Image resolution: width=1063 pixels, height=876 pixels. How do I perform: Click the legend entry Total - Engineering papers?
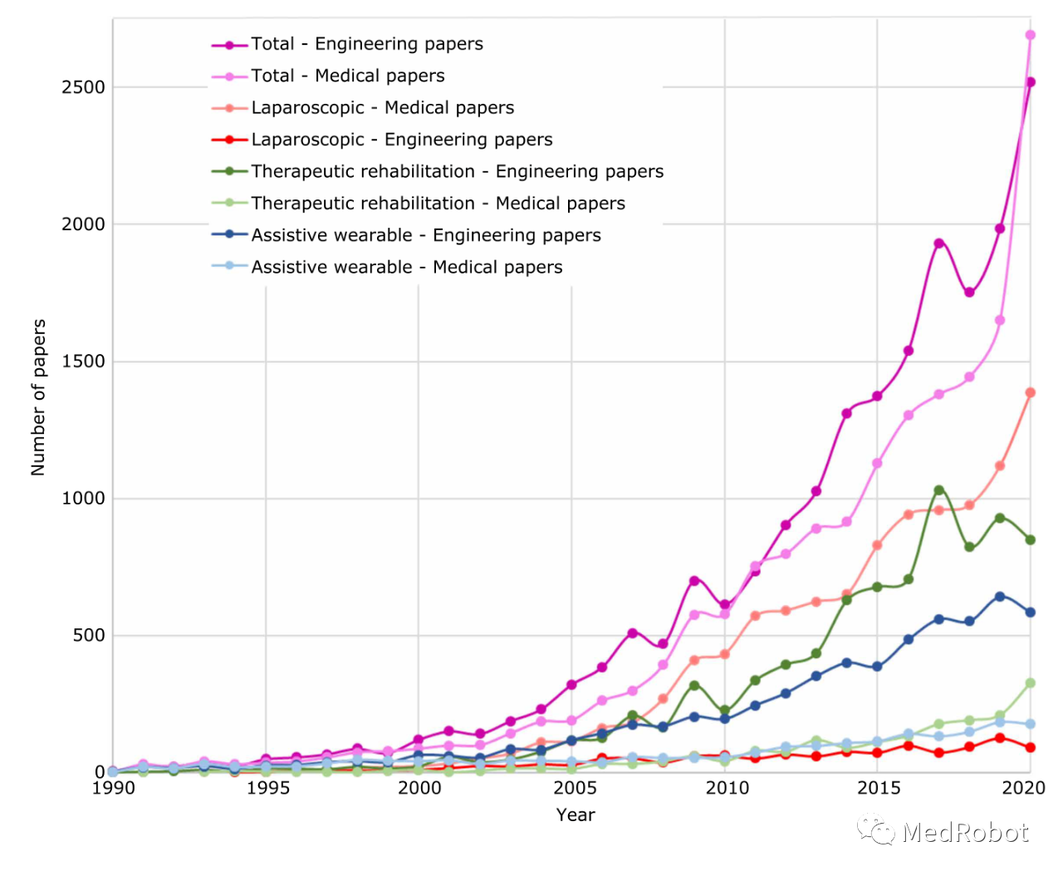pos(366,44)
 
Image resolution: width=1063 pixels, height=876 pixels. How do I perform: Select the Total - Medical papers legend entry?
pos(347,76)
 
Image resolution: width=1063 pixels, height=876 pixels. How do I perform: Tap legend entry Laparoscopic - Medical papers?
pos(382,108)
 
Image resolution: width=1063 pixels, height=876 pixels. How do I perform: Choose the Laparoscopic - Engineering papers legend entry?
pos(401,140)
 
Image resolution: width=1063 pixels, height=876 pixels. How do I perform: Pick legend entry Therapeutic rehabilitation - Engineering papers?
pos(457,171)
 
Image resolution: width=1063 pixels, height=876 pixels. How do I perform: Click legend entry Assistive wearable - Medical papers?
pos(406,268)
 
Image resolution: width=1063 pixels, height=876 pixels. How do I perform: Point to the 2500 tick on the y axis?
pos(83,87)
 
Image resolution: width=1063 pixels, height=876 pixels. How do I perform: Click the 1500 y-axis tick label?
pos(83,362)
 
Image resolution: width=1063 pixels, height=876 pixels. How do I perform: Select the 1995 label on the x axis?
pos(267,788)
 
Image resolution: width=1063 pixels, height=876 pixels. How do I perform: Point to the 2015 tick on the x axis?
pos(879,788)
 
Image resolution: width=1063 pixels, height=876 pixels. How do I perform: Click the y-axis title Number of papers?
pos(38,397)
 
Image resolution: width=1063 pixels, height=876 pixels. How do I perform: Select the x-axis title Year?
pos(576,815)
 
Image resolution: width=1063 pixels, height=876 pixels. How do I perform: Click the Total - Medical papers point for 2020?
pos(1030,35)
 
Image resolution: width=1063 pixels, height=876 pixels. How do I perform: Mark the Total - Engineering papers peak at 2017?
pos(938,244)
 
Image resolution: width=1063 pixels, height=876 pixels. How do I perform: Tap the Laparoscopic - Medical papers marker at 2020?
pos(1030,392)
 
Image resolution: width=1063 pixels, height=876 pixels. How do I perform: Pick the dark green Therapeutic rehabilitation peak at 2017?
pos(938,490)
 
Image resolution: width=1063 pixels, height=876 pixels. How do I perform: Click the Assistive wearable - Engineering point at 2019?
pos(1000,597)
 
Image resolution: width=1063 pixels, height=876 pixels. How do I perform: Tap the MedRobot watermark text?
pos(964,832)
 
